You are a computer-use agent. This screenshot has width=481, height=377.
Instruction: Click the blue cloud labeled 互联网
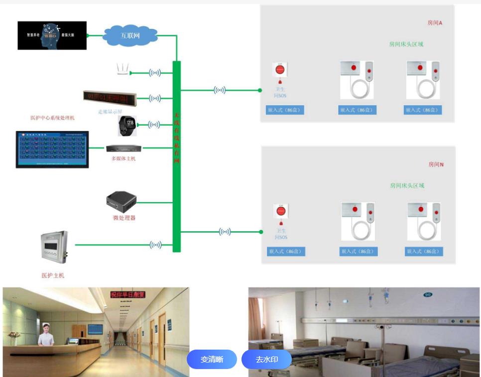[x=130, y=36]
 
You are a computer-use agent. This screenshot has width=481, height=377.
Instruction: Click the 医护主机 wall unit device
[x=54, y=246]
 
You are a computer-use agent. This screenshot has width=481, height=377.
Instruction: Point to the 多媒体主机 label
[x=123, y=158]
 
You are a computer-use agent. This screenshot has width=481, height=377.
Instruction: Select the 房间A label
[x=435, y=23]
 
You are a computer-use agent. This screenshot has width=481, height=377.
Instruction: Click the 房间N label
[x=436, y=164]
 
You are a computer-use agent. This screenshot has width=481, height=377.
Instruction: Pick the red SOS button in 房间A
[x=280, y=70]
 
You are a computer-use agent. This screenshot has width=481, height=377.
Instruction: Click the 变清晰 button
[x=212, y=359]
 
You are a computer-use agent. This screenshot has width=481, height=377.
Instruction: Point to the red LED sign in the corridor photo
[x=128, y=295]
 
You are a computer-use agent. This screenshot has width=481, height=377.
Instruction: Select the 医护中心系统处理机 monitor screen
[x=52, y=149]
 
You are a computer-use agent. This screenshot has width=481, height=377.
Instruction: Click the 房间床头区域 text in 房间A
[x=406, y=44]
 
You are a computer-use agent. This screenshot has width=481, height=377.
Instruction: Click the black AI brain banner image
[x=52, y=35]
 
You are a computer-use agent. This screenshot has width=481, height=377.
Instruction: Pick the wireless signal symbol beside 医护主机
[x=155, y=245]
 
